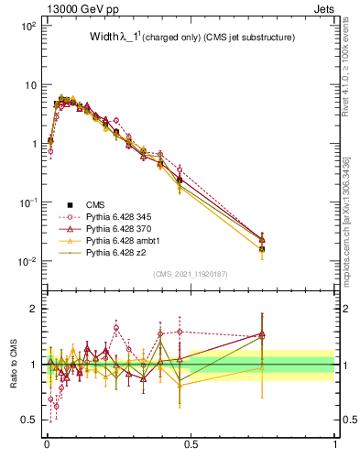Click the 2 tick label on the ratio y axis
click(x=33, y=309)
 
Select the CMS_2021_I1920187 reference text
click(x=191, y=274)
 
